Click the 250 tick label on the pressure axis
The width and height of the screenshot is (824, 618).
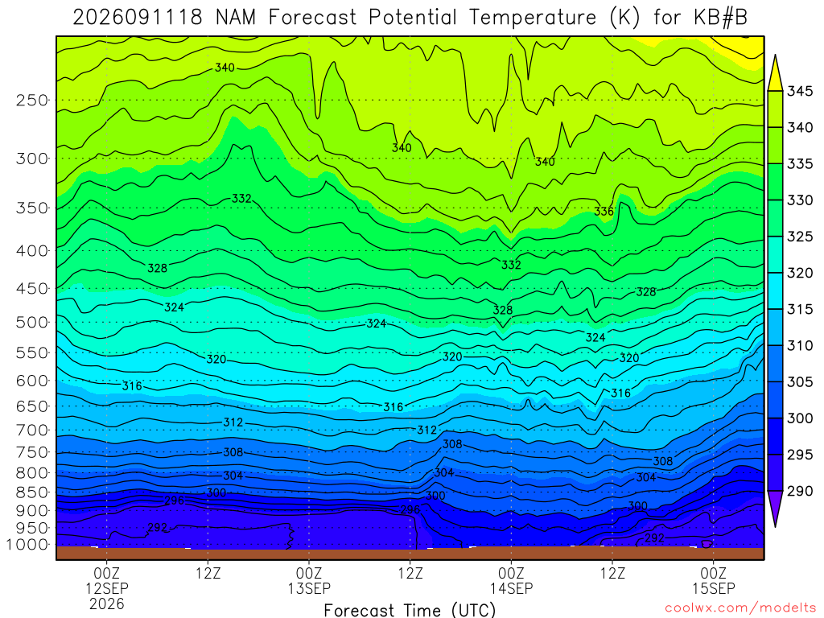tap(32, 100)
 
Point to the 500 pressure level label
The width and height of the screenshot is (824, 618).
tap(32, 322)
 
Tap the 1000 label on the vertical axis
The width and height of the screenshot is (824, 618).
tap(27, 545)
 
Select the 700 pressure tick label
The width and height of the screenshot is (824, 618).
tap(32, 431)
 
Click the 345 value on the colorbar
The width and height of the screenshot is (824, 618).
tap(799, 91)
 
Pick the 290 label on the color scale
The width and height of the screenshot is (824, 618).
tap(799, 491)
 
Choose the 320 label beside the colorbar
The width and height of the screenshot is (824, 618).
tap(799, 273)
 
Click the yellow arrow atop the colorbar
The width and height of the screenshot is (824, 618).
tap(775, 73)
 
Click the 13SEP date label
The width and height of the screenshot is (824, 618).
tap(309, 588)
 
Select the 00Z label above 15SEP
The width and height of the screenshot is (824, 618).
tap(714, 573)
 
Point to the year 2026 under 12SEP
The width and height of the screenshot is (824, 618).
tap(107, 604)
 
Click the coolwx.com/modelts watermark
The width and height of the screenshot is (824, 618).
tap(740, 608)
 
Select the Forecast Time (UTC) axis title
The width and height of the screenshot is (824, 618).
tap(410, 610)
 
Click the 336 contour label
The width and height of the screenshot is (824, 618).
tap(604, 212)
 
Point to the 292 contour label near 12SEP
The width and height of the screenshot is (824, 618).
tap(157, 527)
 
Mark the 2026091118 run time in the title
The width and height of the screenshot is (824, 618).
tap(137, 18)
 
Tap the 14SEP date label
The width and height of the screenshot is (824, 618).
tap(511, 588)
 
